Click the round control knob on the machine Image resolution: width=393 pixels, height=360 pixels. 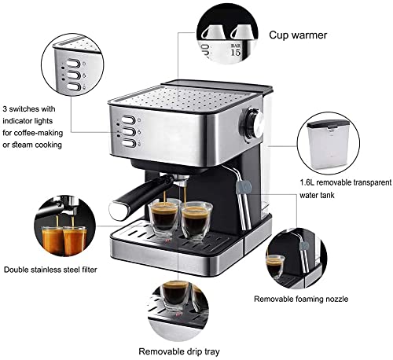[x=253, y=123]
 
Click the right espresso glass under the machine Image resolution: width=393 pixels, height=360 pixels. [x=196, y=219]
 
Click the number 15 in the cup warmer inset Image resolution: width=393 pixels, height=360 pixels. [x=235, y=53]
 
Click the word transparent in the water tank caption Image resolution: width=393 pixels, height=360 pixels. [x=365, y=182]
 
